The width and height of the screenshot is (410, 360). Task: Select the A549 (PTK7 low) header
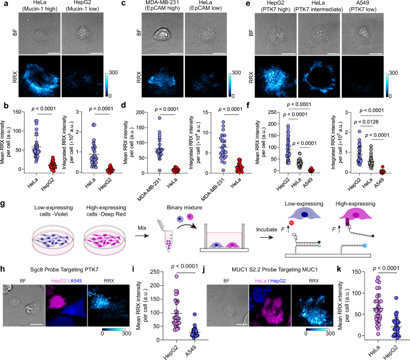point(366,9)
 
